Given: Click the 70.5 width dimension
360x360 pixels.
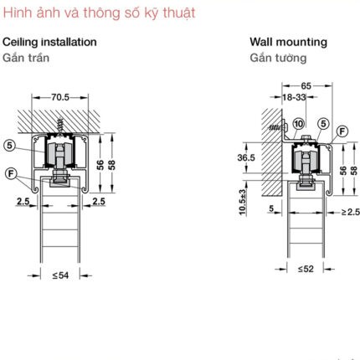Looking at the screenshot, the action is tap(60, 97).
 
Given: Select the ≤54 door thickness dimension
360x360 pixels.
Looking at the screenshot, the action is tap(60, 275).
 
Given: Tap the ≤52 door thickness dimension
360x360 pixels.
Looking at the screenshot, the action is tap(306, 269).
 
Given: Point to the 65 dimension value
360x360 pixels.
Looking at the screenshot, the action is tap(306, 85).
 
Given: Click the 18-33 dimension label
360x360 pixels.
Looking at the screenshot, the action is tap(294, 97).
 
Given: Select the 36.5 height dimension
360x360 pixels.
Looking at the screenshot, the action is tap(246, 157).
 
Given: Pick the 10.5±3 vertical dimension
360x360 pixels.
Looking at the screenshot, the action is tap(243, 202).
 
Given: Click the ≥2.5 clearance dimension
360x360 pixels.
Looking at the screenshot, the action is tap(351, 212).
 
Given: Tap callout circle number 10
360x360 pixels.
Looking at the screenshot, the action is tap(299, 124).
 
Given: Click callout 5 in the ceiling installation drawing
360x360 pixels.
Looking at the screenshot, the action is tap(10, 146).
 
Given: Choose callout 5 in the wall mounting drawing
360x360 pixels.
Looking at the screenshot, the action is tap(323, 124).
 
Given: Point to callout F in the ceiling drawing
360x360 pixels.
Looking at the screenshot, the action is tap(11, 173).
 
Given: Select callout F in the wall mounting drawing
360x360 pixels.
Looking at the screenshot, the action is tap(342, 131).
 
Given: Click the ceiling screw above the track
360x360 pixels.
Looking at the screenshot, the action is tap(59, 127).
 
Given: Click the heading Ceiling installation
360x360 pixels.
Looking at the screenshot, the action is tap(49, 42).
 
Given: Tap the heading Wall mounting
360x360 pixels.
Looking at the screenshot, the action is tap(288, 42).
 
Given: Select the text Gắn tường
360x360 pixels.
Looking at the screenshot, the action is tap(278, 58).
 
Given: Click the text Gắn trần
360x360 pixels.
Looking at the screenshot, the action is tap(26, 58).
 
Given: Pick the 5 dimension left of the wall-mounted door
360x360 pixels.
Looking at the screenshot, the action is tap(271, 208).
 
